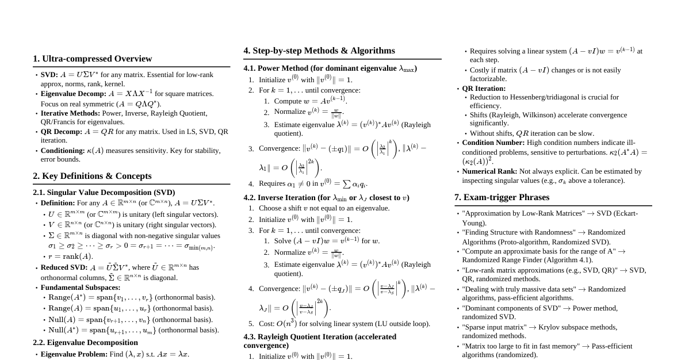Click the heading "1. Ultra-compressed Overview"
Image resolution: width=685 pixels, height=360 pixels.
coord(92,59)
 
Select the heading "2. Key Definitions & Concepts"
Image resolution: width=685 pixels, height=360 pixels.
coord(92,176)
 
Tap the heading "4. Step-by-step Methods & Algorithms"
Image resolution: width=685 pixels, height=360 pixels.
coord(319,51)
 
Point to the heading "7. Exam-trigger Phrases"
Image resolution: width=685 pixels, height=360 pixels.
coord(502,197)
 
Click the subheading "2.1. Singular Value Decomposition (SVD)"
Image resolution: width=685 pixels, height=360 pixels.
coord(104,193)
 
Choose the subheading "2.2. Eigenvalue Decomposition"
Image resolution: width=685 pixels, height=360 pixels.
coord(85,343)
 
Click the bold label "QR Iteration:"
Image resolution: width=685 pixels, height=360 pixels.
coord(484,89)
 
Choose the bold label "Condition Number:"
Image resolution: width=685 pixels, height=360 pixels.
coord(493,143)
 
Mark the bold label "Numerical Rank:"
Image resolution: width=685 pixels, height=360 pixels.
coord(489,171)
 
